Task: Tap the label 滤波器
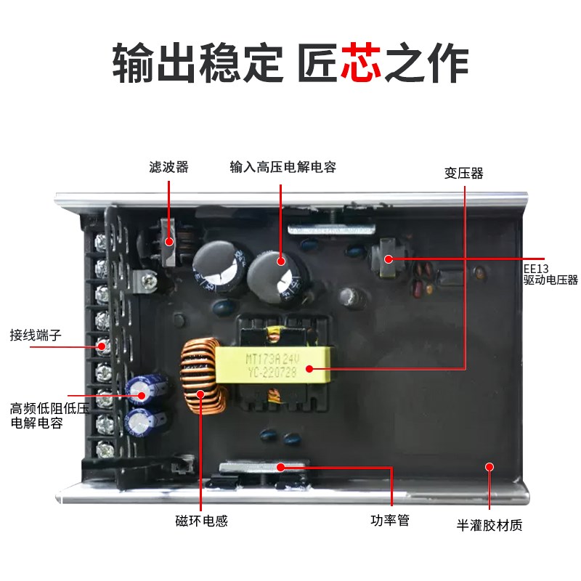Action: (x=168, y=167)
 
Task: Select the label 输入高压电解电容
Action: (x=283, y=167)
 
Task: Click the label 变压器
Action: (x=464, y=174)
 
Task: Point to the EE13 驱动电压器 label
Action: (x=550, y=274)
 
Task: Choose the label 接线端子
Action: (x=37, y=336)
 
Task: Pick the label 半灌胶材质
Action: (x=489, y=525)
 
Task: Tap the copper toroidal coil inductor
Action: (x=203, y=381)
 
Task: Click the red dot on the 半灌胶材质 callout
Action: (x=489, y=467)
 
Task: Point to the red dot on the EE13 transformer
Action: (x=389, y=258)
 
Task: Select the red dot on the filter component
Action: (x=169, y=242)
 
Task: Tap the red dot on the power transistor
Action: (x=280, y=467)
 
